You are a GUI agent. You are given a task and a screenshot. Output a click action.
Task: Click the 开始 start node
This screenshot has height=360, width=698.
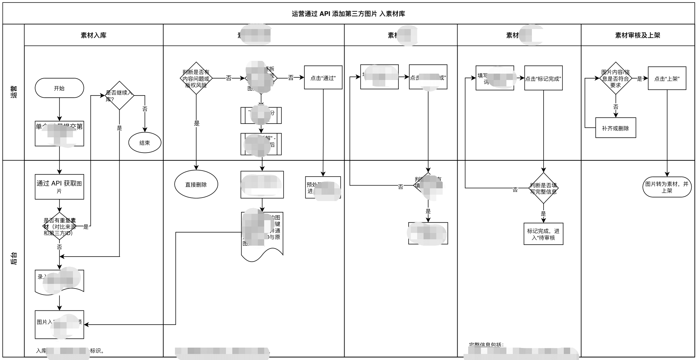point(59,88)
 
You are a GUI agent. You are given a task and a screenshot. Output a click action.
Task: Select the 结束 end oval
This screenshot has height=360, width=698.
point(144,143)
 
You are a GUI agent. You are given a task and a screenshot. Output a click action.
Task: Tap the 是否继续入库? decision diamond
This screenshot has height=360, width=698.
point(119,96)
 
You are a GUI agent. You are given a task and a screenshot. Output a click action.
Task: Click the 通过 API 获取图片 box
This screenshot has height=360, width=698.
point(59,187)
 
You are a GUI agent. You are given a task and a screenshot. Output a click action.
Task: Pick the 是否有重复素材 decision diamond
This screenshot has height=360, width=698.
point(59,227)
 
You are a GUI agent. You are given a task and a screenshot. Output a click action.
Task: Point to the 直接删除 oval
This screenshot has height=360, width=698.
point(196,184)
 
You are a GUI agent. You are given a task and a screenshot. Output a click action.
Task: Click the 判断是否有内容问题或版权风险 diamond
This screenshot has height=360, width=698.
point(196,78)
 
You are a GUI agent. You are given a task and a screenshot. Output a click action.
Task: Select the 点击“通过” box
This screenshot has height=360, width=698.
point(323,78)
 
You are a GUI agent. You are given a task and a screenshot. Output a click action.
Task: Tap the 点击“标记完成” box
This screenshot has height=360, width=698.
point(543,78)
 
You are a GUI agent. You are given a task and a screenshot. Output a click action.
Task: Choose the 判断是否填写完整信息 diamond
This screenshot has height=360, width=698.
point(543,188)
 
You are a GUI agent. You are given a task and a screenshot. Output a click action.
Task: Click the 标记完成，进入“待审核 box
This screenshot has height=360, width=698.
point(543,234)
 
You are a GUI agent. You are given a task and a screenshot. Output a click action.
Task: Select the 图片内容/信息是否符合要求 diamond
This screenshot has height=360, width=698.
point(615,78)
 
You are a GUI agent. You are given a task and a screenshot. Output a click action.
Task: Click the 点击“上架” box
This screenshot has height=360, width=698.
point(667,78)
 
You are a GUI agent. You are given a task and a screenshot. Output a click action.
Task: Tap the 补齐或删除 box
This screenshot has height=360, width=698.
point(615,128)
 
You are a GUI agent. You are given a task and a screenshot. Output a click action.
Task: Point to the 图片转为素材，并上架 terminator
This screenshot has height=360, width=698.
point(667,187)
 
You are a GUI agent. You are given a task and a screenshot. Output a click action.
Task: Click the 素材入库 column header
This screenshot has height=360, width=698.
point(93,35)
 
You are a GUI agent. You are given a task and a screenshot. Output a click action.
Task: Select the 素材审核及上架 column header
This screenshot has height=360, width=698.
point(637,35)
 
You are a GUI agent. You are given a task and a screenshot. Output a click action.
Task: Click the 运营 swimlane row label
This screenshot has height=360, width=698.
point(13,92)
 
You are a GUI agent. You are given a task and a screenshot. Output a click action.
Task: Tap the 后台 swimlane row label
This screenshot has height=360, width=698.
point(13,258)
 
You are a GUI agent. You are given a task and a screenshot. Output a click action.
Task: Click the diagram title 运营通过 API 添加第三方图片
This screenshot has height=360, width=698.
point(348,13)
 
